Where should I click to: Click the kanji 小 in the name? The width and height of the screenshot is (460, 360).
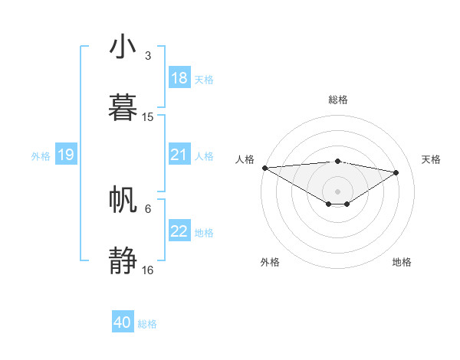123,47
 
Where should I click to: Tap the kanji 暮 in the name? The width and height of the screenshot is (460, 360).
123,106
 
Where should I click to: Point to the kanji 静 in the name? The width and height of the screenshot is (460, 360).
123,260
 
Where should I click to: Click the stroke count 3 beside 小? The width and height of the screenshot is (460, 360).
147,56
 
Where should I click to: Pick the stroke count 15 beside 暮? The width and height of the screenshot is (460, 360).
148,117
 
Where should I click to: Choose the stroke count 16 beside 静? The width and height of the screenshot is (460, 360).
148,270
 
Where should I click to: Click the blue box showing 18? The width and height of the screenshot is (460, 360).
179,78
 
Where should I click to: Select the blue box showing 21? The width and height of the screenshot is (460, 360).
179,155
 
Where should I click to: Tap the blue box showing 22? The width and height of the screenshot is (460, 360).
179,231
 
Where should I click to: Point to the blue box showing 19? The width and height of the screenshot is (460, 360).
65,155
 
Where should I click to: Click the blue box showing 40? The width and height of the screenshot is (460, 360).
123,322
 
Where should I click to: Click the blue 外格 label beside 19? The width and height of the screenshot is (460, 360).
41,156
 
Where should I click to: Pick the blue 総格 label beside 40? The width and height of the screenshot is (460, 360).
147,324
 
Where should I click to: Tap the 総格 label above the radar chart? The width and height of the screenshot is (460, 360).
337,100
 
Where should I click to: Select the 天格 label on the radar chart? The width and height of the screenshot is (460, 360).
432,159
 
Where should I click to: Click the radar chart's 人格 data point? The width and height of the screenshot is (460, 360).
264,168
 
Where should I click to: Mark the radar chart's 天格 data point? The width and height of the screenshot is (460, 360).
396,172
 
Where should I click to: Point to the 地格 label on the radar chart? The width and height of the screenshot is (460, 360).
402,262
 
